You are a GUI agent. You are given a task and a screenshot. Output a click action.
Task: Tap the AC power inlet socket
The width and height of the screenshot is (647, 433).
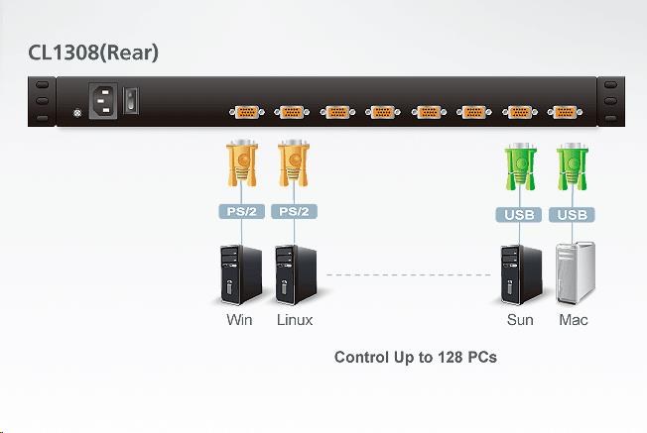[x=105, y=100]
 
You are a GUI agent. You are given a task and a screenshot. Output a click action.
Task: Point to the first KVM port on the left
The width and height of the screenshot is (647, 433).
[x=246, y=112]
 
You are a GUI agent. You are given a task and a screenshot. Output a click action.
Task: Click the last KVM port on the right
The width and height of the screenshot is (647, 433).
[x=565, y=112]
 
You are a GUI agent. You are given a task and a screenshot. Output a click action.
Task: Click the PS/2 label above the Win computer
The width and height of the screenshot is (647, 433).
[x=241, y=211]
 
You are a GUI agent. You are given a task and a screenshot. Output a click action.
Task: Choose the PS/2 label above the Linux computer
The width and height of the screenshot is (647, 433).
[x=293, y=211]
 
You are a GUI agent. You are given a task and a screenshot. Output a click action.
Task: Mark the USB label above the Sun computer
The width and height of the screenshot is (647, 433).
[x=520, y=214]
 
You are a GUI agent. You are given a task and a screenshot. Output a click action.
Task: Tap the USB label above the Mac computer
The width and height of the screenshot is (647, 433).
[x=573, y=214]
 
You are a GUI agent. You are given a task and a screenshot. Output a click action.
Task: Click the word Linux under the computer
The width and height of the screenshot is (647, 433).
[x=295, y=320]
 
